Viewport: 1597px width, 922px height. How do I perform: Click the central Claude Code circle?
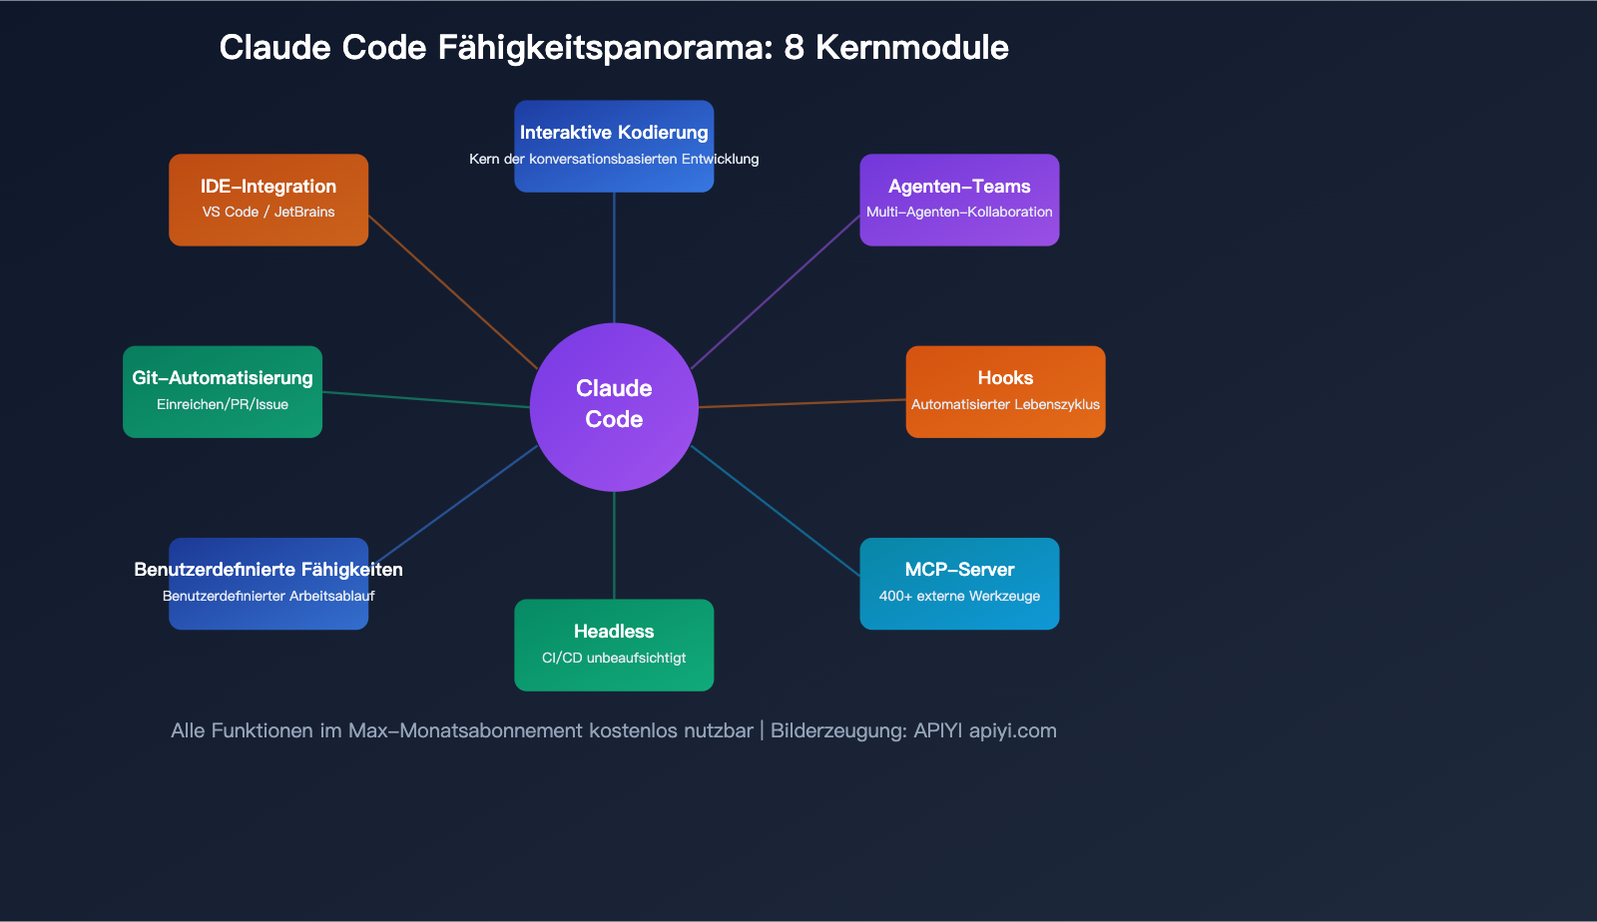614,406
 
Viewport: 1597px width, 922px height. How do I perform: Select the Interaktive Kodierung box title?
614,133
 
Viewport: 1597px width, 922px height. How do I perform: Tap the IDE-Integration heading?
268,187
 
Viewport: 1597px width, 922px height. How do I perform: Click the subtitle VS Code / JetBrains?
268,213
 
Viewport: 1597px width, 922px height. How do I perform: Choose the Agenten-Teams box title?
959,187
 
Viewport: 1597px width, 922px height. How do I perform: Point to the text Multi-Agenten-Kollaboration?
959,213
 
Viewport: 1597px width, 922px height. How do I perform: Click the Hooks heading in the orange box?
1005,378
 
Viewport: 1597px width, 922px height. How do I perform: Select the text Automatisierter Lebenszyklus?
1005,405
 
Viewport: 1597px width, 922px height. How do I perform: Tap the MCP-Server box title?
959,570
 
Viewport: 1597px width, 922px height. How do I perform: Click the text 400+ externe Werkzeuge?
959,597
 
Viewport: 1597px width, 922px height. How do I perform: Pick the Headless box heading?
614,632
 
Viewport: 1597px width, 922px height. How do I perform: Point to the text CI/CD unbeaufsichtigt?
614,659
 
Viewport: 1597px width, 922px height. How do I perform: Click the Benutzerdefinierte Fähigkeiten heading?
268,570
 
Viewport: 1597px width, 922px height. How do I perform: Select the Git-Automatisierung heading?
223,378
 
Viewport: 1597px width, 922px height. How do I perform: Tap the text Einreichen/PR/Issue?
223,405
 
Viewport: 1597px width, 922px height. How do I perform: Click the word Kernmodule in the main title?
911,48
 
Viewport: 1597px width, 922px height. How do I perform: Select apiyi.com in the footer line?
1012,730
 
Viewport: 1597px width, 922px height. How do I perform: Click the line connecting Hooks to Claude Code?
802,403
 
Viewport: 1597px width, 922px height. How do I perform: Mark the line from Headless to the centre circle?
614,546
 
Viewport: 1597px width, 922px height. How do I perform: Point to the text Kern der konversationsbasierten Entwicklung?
614,160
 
